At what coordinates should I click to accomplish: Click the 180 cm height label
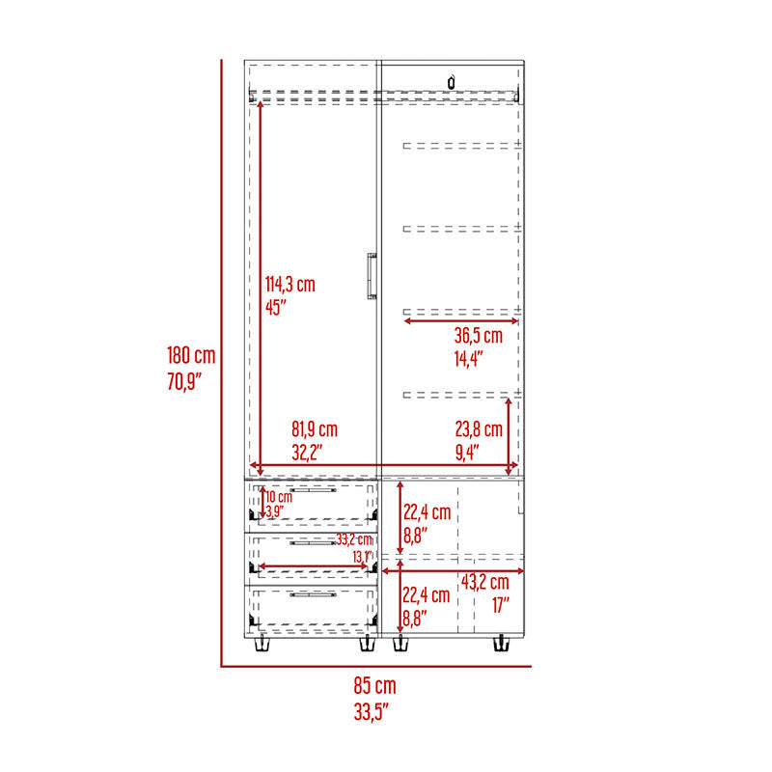[x=191, y=355]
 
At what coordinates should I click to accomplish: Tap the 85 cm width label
[x=374, y=685]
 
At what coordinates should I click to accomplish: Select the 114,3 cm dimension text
[x=290, y=284]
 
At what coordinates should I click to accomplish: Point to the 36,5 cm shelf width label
[x=478, y=335]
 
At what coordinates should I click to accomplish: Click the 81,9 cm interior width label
[x=315, y=428]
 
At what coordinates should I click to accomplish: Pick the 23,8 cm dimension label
[x=479, y=428]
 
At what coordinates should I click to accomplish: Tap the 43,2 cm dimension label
[x=485, y=582]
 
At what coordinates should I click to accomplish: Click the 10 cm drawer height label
[x=279, y=496]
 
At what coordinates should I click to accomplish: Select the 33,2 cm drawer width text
[x=354, y=539]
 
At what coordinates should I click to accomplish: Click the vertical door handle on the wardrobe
[x=372, y=276]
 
